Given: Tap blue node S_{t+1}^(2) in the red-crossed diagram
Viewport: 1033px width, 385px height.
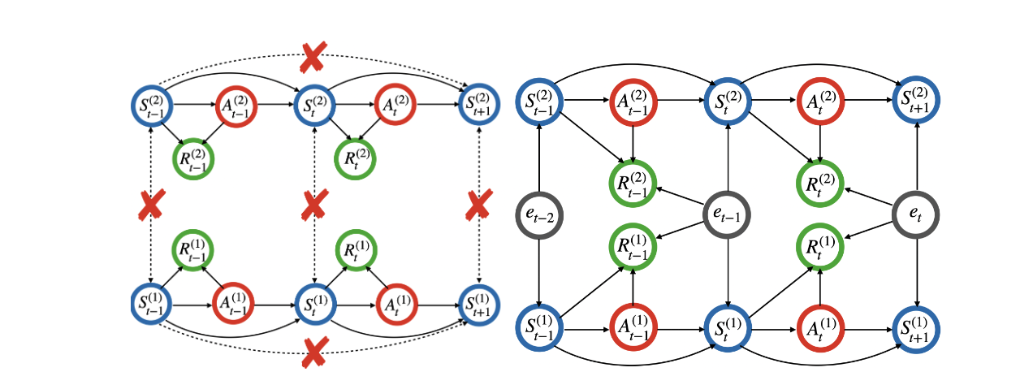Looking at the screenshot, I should (x=480, y=104).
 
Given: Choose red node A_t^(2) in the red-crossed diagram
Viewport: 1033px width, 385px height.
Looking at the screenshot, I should (x=396, y=104).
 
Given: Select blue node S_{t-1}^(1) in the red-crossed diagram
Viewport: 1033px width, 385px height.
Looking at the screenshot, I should (x=151, y=306).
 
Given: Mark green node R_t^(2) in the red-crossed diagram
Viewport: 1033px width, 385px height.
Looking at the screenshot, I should (x=356, y=158).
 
